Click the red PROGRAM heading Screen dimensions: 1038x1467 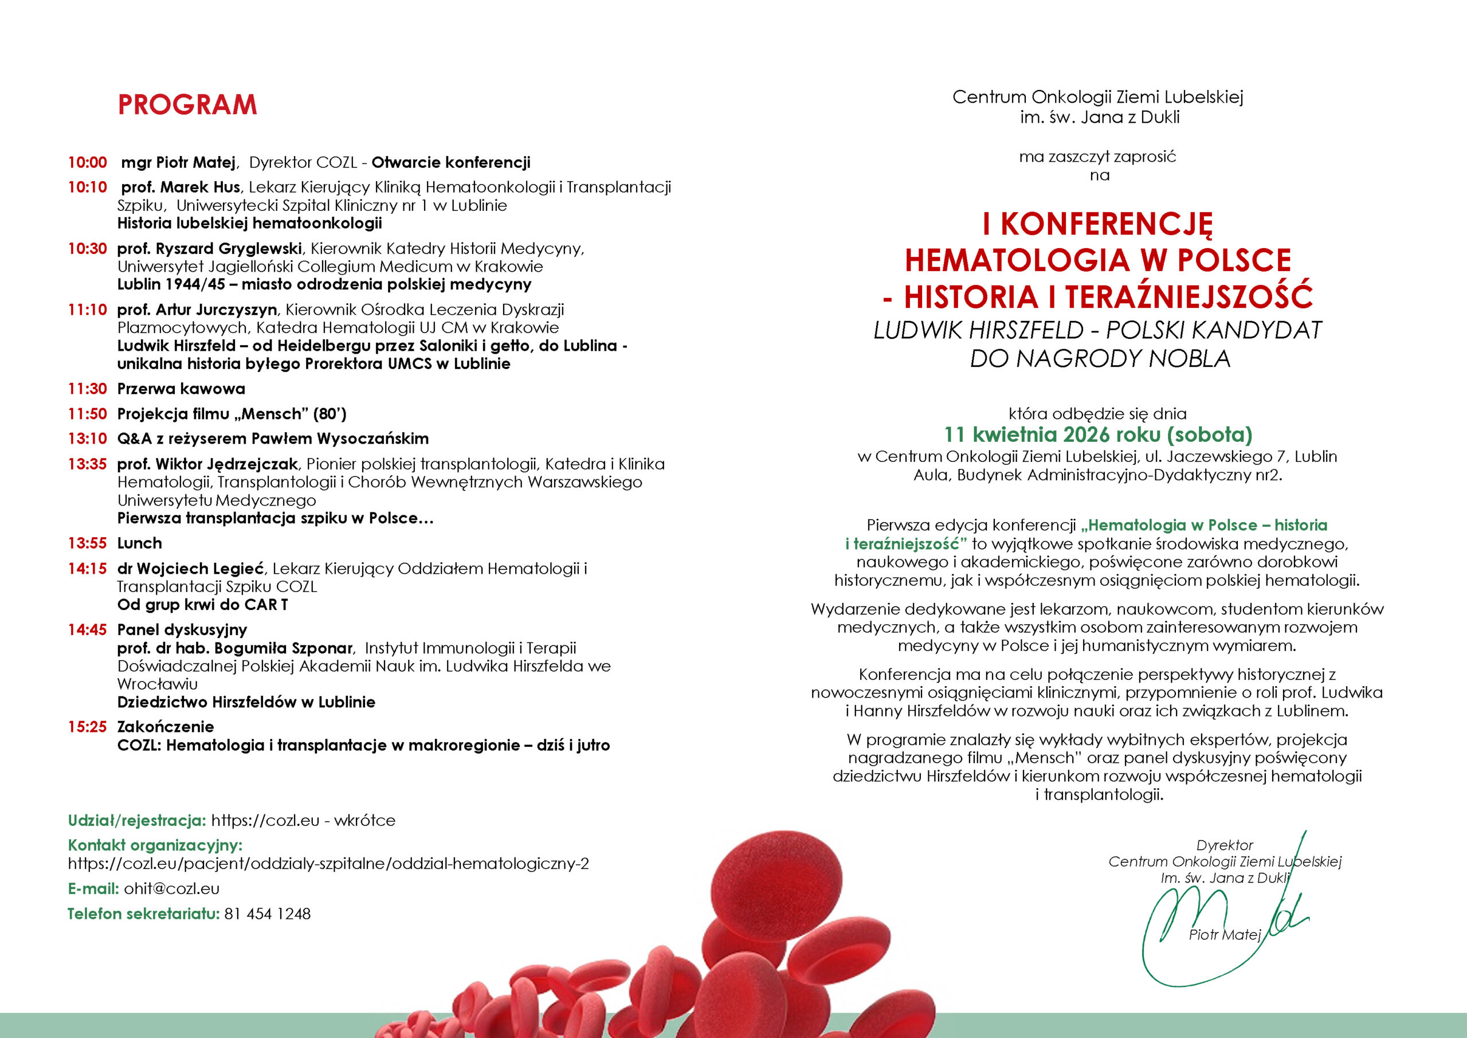tap(187, 105)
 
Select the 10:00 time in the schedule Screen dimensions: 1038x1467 tap(88, 162)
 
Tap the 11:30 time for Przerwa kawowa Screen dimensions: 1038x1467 tap(88, 389)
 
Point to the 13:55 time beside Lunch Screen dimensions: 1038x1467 tap(88, 543)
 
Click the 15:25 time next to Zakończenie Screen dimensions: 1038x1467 tap(88, 727)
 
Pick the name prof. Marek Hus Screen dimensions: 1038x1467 tap(181, 187)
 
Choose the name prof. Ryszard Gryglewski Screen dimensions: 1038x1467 tap(210, 248)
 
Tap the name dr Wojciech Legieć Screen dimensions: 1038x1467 tap(190, 568)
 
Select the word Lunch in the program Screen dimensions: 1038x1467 tap(139, 543)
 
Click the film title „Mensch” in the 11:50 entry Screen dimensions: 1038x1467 tap(273, 414)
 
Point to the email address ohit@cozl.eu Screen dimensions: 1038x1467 tap(172, 888)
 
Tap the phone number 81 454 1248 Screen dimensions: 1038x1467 tap(267, 914)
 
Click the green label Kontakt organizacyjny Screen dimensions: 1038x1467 tap(155, 845)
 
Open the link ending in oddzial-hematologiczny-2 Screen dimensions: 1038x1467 tap(328, 864)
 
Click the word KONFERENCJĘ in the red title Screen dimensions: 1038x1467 tap(1106, 224)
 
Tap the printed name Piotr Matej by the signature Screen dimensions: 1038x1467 tap(1224, 935)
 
